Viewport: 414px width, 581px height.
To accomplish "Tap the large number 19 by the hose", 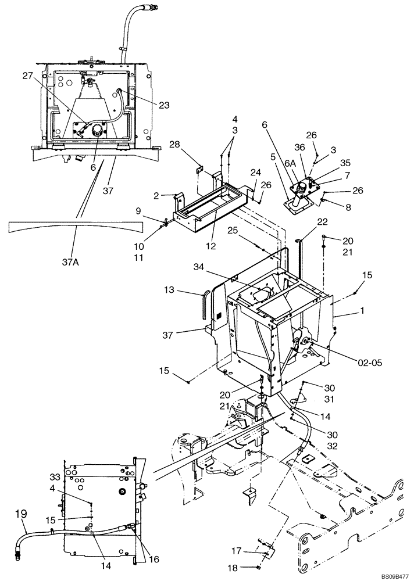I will click(x=21, y=514).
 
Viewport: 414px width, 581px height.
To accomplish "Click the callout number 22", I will click(x=322, y=223).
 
